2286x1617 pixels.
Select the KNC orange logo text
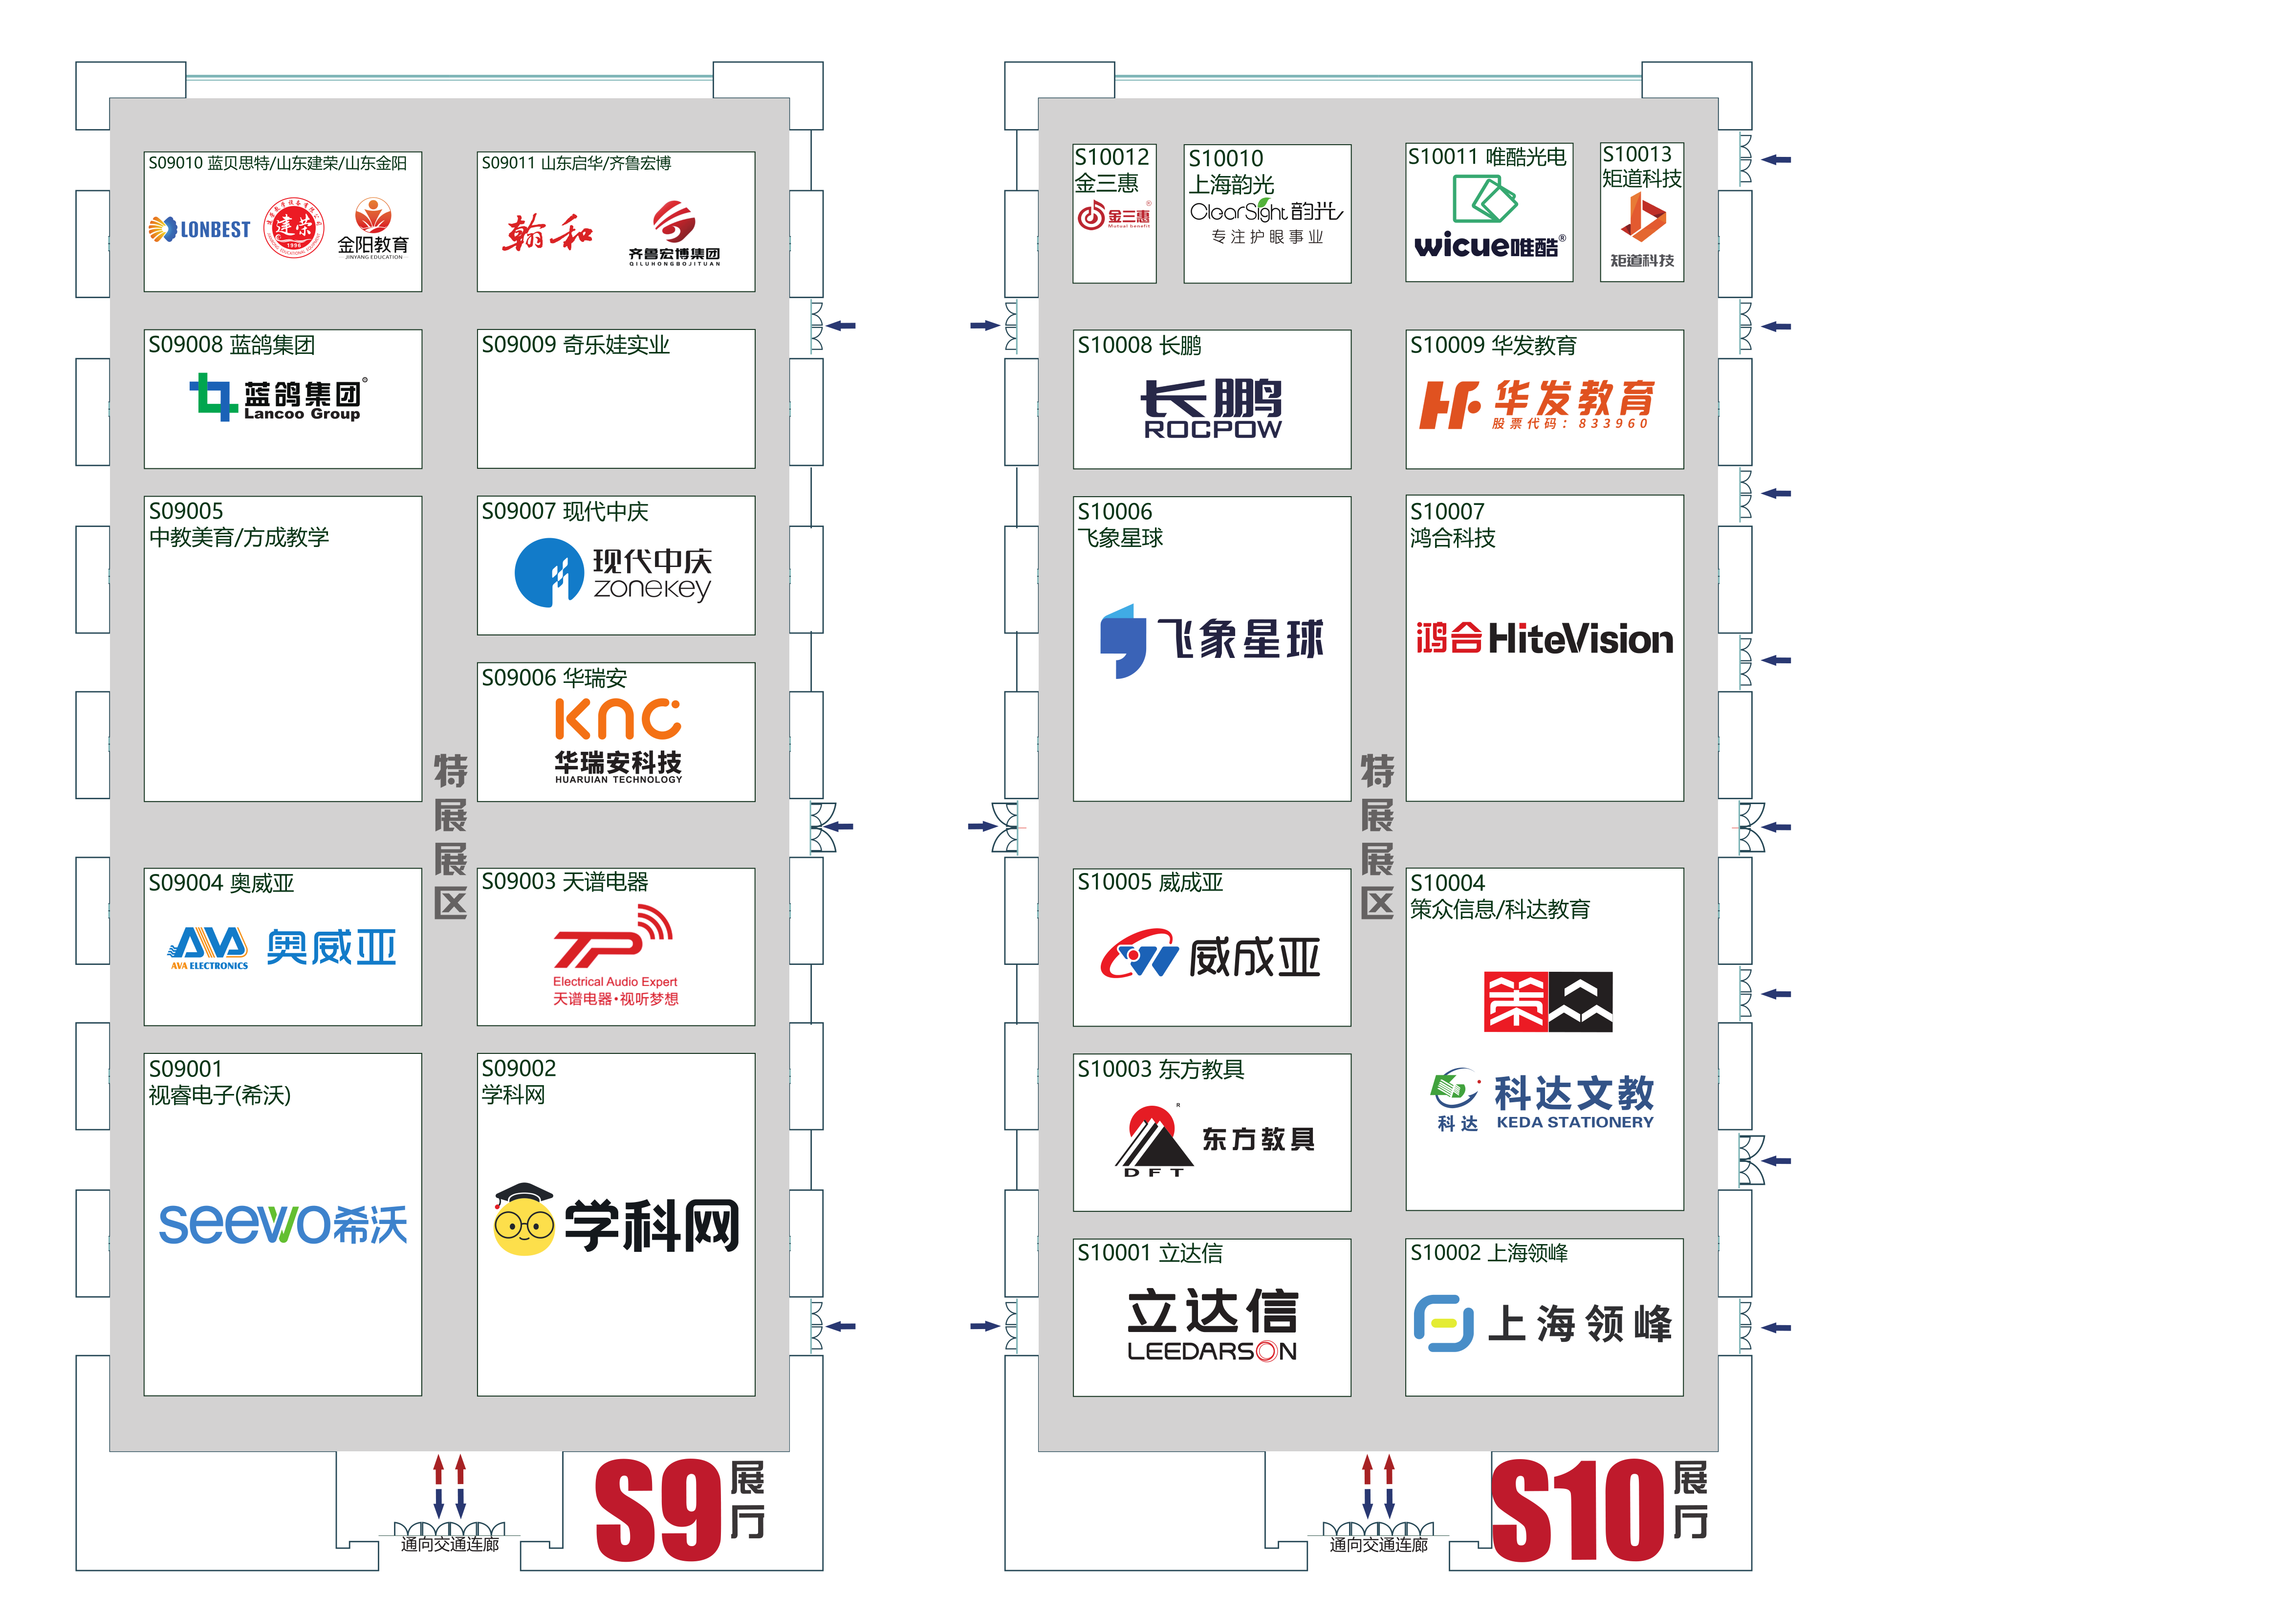tap(617, 719)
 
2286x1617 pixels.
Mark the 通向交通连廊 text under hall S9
tap(450, 1544)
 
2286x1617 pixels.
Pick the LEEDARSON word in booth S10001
tap(1212, 1351)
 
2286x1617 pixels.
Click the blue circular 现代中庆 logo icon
tap(547, 572)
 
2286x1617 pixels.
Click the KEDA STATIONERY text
tap(1574, 1122)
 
